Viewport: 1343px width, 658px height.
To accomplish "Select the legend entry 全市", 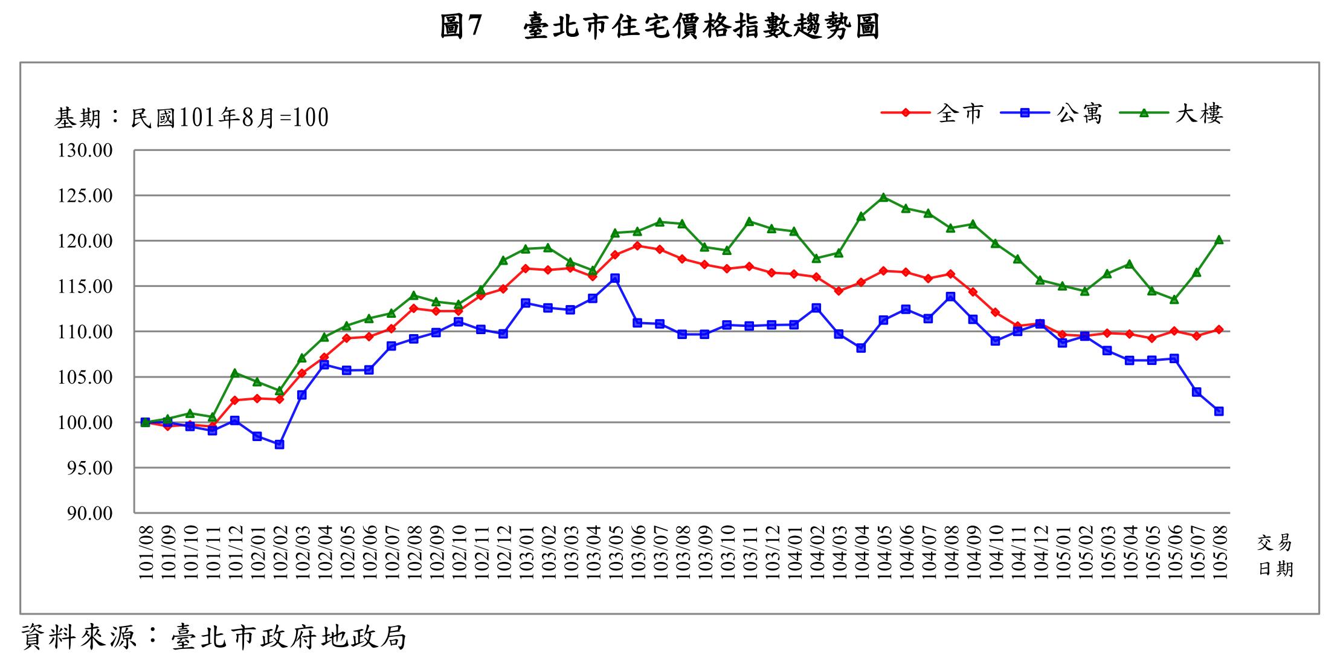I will coord(960,113).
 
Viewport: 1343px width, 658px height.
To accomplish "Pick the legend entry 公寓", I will coord(1079,113).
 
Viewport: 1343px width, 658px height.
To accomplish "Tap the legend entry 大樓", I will coord(1198,113).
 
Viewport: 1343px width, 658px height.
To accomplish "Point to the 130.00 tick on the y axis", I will coord(85,150).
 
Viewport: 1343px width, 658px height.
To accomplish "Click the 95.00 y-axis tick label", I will coord(85,468).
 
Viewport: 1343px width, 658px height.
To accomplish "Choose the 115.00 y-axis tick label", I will coord(85,286).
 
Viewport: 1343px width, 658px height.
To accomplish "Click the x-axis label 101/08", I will coord(146,553).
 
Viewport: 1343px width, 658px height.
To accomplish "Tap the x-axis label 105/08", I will coord(1219,553).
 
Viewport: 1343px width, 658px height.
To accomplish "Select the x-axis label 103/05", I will coord(615,553).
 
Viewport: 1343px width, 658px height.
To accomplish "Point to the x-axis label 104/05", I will coord(883,553).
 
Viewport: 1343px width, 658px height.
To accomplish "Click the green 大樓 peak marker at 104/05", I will coord(883,197).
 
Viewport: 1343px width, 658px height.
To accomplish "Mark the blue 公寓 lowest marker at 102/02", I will coord(279,444).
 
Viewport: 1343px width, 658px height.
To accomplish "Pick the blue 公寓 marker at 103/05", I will coord(615,278).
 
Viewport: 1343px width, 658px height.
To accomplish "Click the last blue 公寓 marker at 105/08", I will coord(1219,411).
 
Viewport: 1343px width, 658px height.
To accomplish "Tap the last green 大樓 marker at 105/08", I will coord(1219,240).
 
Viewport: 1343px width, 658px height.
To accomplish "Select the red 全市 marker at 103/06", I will coord(637,246).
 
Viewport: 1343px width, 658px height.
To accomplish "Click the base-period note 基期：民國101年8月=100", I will coord(192,118).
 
